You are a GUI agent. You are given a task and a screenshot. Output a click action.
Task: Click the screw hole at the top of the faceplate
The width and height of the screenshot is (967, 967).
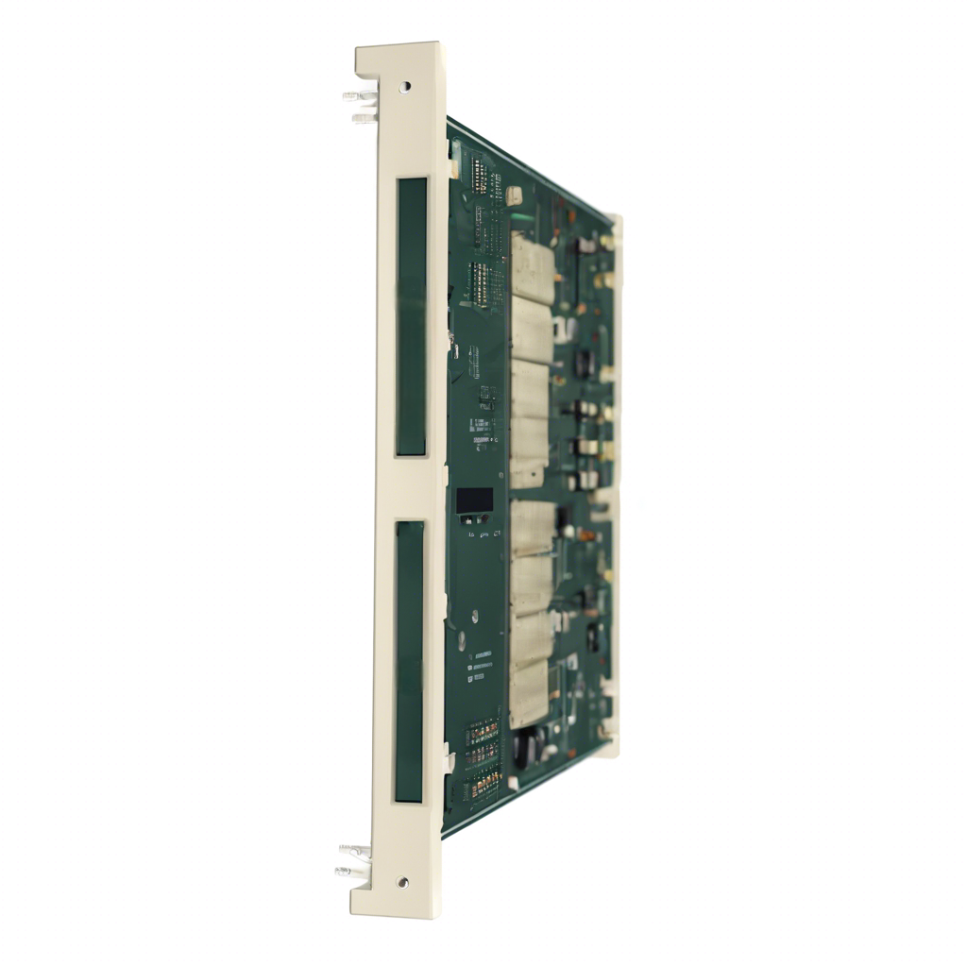pos(405,86)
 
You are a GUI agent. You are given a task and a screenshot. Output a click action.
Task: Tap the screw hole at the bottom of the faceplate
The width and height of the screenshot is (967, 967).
pos(403,882)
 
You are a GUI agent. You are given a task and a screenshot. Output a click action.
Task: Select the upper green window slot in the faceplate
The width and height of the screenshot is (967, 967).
pos(412,316)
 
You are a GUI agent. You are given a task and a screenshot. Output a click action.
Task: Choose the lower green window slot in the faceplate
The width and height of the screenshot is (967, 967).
pos(410,661)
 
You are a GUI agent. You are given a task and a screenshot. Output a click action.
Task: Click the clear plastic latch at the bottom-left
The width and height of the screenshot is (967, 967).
pos(353,860)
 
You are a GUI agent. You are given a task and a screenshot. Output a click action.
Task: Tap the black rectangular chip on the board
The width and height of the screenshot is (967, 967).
pos(474,501)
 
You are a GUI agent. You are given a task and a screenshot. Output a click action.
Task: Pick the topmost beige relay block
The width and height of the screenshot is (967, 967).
pos(532,263)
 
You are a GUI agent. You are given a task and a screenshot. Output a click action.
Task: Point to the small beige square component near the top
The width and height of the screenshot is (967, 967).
pos(515,195)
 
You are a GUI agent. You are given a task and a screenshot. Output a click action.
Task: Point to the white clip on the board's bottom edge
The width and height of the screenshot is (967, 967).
pos(514,783)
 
